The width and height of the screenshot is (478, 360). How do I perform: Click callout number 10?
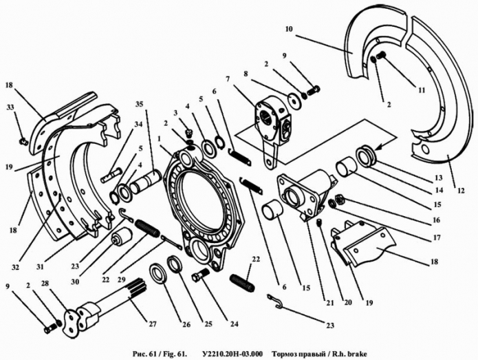(x=288, y=29)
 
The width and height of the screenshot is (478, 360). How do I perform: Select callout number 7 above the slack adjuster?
(x=227, y=79)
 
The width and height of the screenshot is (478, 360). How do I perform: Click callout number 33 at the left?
(x=10, y=108)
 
